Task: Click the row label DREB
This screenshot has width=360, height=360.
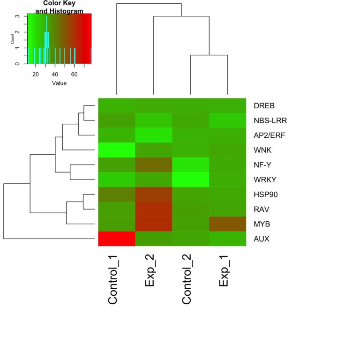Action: (x=263, y=105)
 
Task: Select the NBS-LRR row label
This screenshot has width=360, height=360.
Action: (x=270, y=120)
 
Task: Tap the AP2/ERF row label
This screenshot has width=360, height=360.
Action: (x=270, y=135)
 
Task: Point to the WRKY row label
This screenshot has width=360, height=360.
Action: (x=265, y=180)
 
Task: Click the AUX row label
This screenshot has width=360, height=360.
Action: (x=261, y=239)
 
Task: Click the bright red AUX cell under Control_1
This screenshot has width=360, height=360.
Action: (x=117, y=239)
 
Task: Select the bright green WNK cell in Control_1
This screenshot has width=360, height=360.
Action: (x=117, y=150)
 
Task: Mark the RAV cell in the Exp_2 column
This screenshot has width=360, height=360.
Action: (x=154, y=209)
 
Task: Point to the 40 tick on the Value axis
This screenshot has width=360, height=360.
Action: (x=55, y=74)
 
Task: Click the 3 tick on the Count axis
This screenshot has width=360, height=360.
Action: (x=18, y=16)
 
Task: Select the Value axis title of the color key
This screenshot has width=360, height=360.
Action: (x=59, y=83)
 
